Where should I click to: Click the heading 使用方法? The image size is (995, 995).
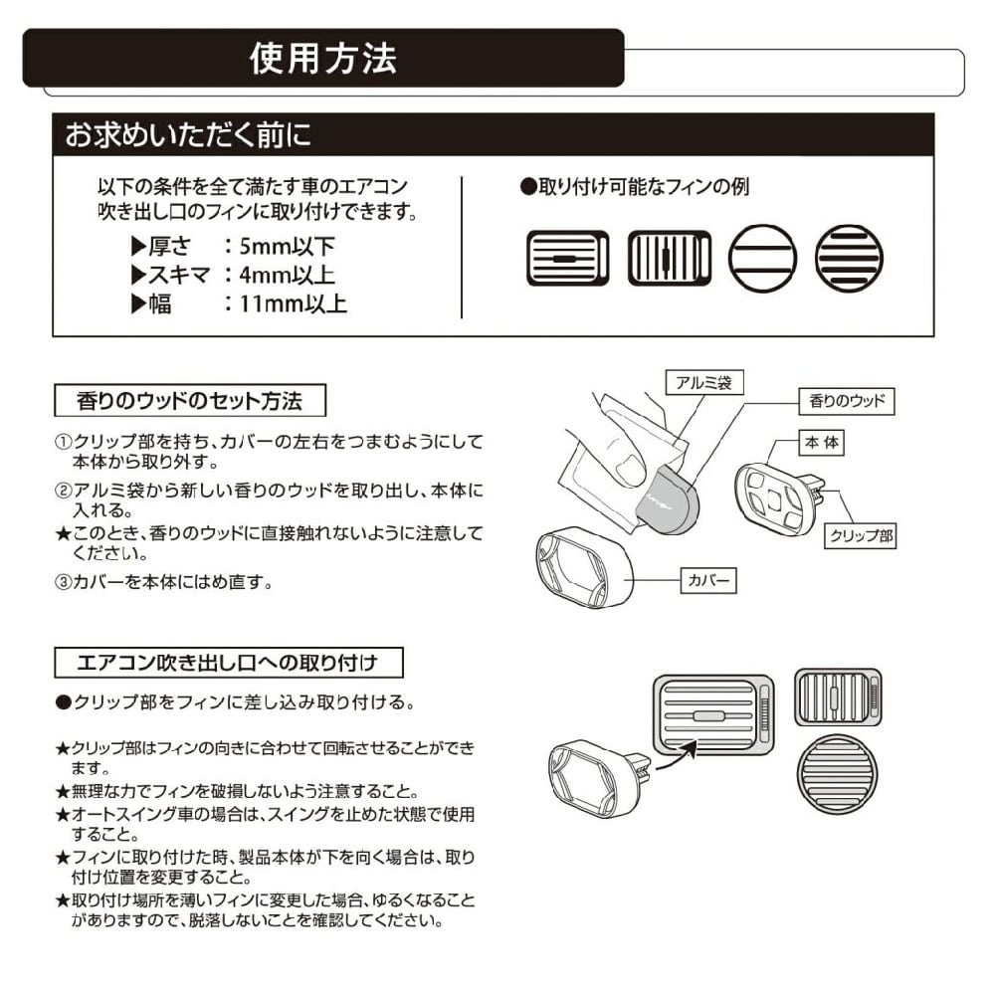[322, 59]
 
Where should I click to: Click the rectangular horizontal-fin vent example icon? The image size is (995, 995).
[566, 258]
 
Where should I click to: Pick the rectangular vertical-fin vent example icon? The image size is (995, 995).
[669, 258]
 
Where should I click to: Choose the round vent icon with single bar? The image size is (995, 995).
[762, 258]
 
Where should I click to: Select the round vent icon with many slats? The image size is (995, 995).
[849, 258]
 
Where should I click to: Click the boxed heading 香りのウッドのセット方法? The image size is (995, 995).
[189, 401]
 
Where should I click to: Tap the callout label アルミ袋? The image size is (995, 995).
[703, 382]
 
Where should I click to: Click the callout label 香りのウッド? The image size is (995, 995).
[846, 402]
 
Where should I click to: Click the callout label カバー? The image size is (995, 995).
[708, 579]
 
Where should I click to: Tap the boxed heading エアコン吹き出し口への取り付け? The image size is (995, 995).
[228, 662]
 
